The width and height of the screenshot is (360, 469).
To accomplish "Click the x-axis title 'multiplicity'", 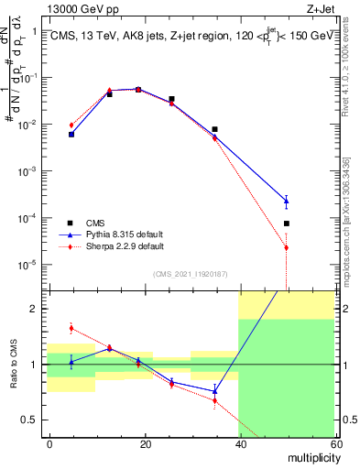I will (309, 456).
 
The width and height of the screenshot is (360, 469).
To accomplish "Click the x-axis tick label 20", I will (145, 443).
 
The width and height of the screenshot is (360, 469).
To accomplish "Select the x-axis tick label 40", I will (239, 443).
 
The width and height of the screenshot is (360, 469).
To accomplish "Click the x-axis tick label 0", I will (49, 443).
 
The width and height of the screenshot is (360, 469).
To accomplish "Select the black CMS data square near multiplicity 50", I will (286, 224).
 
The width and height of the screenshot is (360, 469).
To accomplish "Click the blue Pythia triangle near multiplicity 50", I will (286, 201).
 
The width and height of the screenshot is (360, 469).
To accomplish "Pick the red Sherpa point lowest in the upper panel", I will (286, 247).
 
